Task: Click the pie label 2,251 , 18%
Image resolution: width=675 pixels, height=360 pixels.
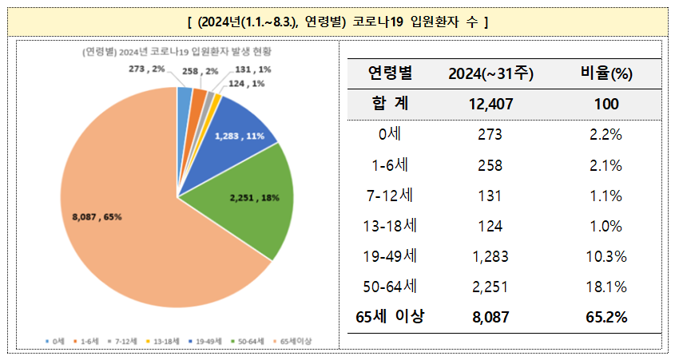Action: tap(254, 198)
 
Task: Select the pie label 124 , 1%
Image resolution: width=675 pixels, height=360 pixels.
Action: tap(248, 83)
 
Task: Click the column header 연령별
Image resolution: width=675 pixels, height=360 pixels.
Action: tap(390, 74)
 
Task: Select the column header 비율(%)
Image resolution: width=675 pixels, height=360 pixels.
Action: tap(606, 74)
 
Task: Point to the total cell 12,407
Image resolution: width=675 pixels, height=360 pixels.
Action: tap(491, 105)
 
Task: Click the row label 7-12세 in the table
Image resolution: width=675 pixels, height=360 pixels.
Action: tap(390, 195)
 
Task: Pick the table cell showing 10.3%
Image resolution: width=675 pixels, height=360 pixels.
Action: tap(606, 256)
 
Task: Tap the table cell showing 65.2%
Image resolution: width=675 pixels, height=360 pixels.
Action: tap(606, 317)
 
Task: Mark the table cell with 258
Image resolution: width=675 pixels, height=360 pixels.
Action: tap(491, 165)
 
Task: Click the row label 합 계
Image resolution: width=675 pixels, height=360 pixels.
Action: tap(390, 105)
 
